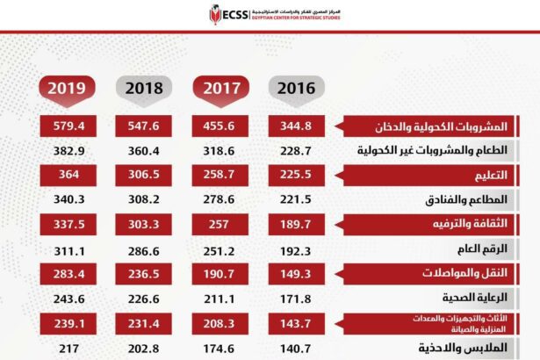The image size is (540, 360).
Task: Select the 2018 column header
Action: [145, 88]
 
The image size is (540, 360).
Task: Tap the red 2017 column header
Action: [222, 88]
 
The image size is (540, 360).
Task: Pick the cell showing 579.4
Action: [68, 126]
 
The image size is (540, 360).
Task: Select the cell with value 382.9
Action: [68, 151]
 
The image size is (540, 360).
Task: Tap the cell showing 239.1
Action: [68, 321]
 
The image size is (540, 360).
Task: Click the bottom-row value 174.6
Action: [222, 346]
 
